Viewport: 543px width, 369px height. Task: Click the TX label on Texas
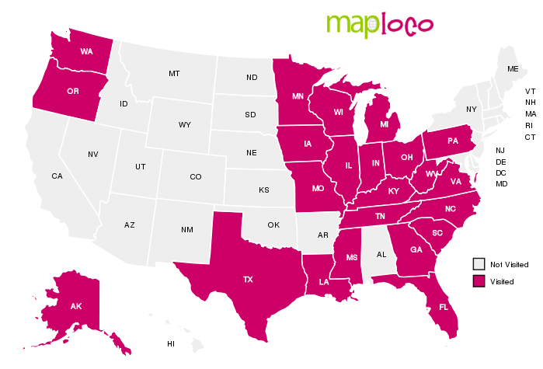coord(248,279)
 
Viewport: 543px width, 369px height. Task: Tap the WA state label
coord(87,51)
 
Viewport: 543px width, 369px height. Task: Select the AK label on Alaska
coord(76,306)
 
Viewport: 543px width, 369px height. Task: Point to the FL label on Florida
coord(444,307)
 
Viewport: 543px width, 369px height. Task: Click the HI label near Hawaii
coord(171,343)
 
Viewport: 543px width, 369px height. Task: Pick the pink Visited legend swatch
coord(479,280)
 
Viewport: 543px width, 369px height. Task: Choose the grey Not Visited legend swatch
coord(479,264)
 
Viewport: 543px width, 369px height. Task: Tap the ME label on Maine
coord(513,69)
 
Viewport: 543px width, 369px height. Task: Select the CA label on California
coord(57,176)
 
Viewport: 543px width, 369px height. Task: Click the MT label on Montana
coord(174,74)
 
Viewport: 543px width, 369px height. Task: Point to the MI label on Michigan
coord(384,124)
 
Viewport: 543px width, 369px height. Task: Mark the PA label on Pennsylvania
coord(453,141)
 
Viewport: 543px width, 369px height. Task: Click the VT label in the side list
coord(530,92)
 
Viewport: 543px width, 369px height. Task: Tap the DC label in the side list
coord(501,172)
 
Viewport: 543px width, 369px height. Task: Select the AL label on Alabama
coord(381,254)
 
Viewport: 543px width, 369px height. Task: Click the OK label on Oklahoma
coord(273,225)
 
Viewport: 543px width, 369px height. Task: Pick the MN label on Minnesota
coord(298,97)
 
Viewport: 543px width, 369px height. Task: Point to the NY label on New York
coord(471,110)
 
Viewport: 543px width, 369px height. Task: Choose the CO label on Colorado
coord(196,177)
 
